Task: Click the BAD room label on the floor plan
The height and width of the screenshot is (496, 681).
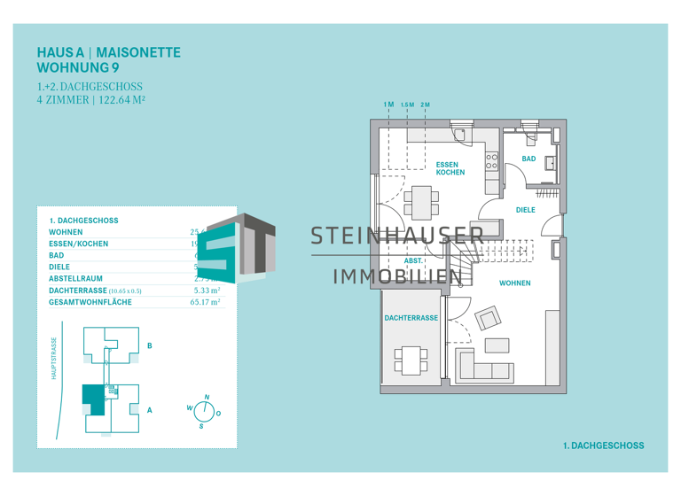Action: tap(528, 159)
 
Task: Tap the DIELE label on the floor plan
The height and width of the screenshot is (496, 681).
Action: tap(525, 210)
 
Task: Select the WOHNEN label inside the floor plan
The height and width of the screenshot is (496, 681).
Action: tap(514, 283)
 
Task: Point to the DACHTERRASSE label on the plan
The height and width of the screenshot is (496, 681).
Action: tap(411, 317)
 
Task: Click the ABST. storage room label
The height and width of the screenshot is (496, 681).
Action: tap(413, 261)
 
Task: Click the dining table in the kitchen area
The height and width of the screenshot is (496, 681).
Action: tap(420, 202)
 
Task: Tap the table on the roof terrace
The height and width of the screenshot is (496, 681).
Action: tap(411, 359)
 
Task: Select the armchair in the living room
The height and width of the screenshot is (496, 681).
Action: tap(489, 317)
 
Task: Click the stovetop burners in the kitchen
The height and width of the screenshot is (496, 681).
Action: tap(492, 161)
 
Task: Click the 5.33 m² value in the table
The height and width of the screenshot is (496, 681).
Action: tap(206, 290)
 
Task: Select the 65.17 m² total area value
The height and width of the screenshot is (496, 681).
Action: tap(205, 302)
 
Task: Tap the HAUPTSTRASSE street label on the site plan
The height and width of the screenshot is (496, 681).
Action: tap(54, 359)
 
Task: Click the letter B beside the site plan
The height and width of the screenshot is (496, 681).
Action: tap(149, 345)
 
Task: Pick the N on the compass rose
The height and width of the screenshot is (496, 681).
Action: tap(207, 398)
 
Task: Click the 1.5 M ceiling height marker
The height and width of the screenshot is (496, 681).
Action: tap(407, 105)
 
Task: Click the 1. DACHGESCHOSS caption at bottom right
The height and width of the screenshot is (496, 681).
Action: tap(603, 446)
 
